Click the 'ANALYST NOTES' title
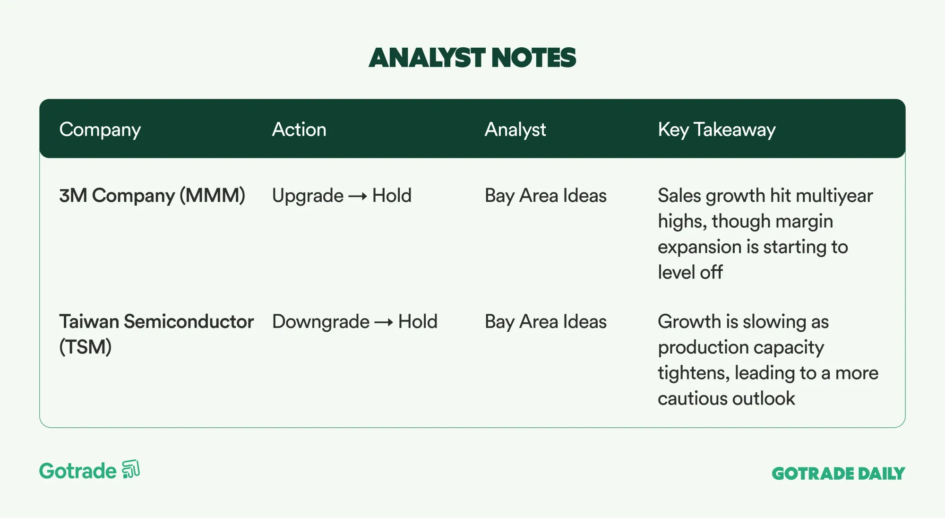(x=472, y=58)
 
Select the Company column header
(x=100, y=130)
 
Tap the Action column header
(x=299, y=129)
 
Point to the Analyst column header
(x=515, y=130)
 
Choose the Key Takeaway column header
(x=717, y=130)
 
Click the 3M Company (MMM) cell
(x=152, y=196)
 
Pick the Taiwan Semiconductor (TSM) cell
(x=156, y=334)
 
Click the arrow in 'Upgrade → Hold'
(x=358, y=196)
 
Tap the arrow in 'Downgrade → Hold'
(x=384, y=322)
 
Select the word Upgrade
(x=308, y=196)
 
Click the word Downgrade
(x=321, y=322)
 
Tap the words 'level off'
(x=690, y=272)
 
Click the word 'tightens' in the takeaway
(x=694, y=373)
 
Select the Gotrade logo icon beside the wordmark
(x=131, y=469)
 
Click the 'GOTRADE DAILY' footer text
(x=838, y=474)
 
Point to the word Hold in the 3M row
(x=392, y=196)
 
